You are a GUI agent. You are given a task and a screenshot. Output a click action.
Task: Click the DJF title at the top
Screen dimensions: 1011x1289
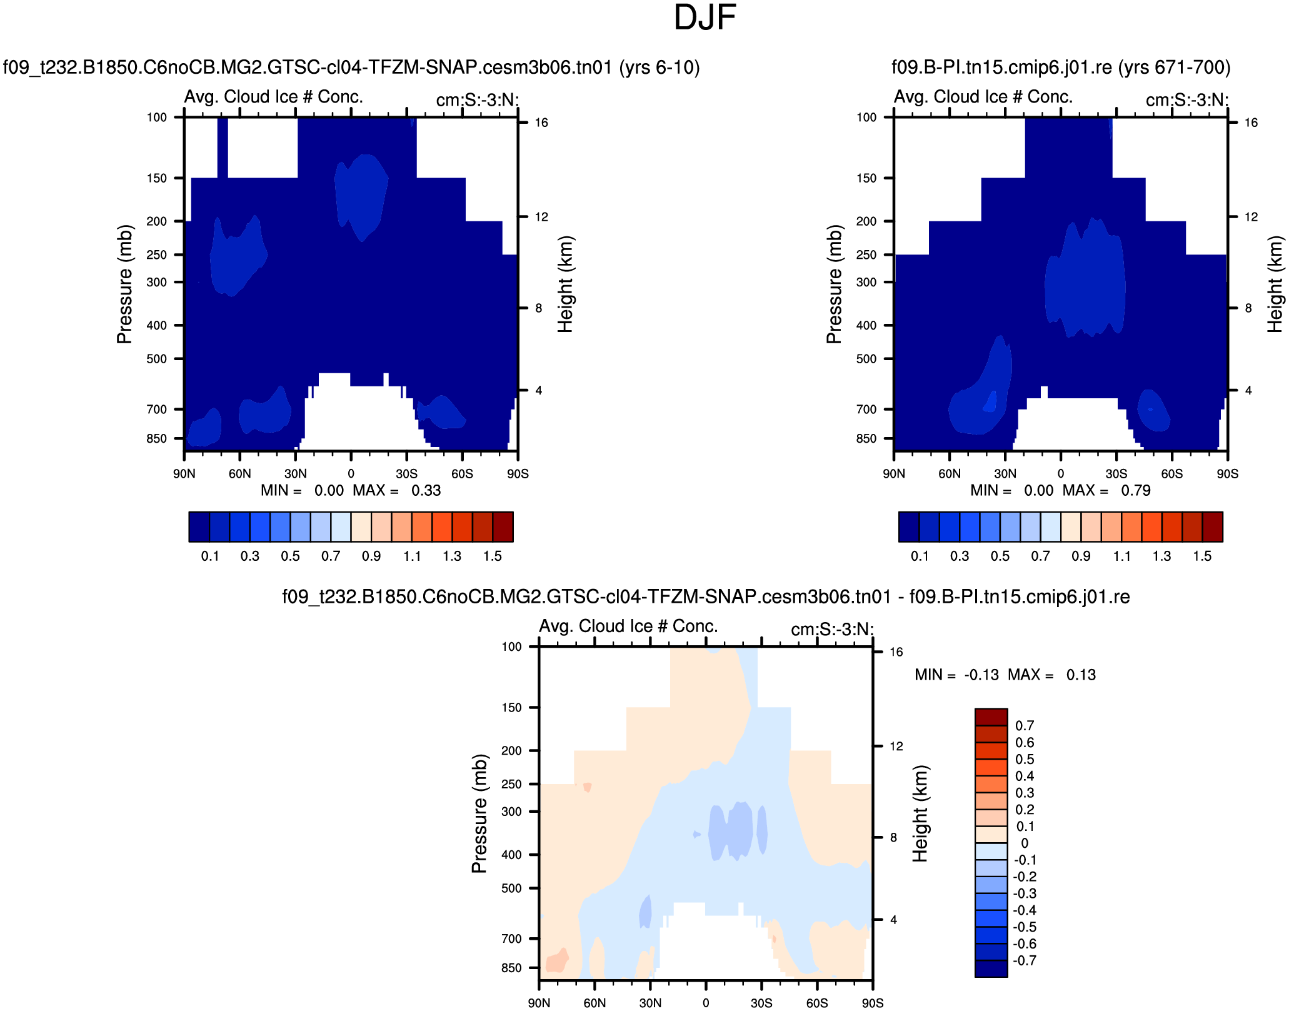(705, 18)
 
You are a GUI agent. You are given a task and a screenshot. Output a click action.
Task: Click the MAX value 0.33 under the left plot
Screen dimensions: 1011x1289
(426, 491)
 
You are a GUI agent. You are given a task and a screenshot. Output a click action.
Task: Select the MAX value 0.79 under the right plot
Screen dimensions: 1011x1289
(1135, 491)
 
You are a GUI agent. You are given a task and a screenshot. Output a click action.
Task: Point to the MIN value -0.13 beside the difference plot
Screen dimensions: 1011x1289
(981, 675)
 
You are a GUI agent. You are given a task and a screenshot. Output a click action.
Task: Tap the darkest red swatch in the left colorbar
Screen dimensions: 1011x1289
(503, 526)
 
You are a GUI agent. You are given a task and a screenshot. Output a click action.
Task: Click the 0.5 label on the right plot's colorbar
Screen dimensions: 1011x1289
(1000, 556)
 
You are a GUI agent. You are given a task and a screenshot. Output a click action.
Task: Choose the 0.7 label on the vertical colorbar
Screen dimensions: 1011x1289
(1025, 726)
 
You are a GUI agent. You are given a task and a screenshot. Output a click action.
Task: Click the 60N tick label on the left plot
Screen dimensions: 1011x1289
(239, 474)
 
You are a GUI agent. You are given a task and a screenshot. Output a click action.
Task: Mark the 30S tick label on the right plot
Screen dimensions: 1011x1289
(1116, 474)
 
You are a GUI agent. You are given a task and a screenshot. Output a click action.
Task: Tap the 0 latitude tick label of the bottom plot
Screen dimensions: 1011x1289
(706, 1003)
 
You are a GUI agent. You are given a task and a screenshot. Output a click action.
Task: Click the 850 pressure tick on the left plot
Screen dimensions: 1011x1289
(157, 439)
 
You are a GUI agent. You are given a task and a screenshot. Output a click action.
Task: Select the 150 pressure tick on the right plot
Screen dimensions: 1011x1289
(866, 179)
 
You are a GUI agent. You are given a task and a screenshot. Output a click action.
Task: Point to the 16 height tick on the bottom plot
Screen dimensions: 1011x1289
(896, 652)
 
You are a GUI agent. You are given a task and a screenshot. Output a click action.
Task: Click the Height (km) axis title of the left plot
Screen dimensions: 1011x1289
(565, 284)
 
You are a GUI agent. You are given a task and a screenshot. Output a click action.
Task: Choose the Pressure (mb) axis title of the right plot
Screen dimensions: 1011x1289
(834, 284)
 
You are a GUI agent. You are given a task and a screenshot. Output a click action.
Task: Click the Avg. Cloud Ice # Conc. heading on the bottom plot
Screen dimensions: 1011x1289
(628, 626)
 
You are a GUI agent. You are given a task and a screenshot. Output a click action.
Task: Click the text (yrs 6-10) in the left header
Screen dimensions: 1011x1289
(659, 68)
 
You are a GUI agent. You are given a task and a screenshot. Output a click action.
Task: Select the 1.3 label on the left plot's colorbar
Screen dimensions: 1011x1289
(452, 556)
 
